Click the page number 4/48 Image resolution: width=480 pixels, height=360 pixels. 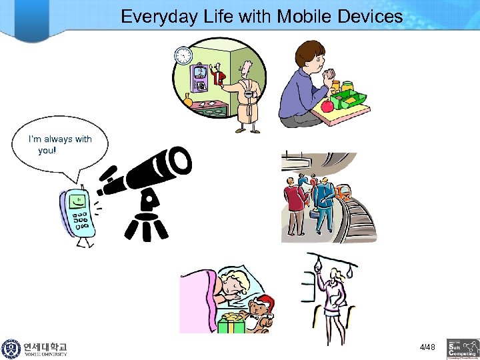427,347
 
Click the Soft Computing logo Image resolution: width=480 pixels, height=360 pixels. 462,348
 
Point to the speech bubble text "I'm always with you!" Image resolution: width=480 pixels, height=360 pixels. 59,145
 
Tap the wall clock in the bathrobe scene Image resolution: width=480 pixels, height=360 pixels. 183,56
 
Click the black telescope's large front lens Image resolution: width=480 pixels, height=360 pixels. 179,158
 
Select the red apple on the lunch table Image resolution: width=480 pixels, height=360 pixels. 327,106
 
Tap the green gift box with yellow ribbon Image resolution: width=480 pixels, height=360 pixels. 231,323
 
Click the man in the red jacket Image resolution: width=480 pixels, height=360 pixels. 293,200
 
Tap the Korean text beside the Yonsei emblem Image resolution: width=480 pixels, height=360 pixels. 45,347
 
